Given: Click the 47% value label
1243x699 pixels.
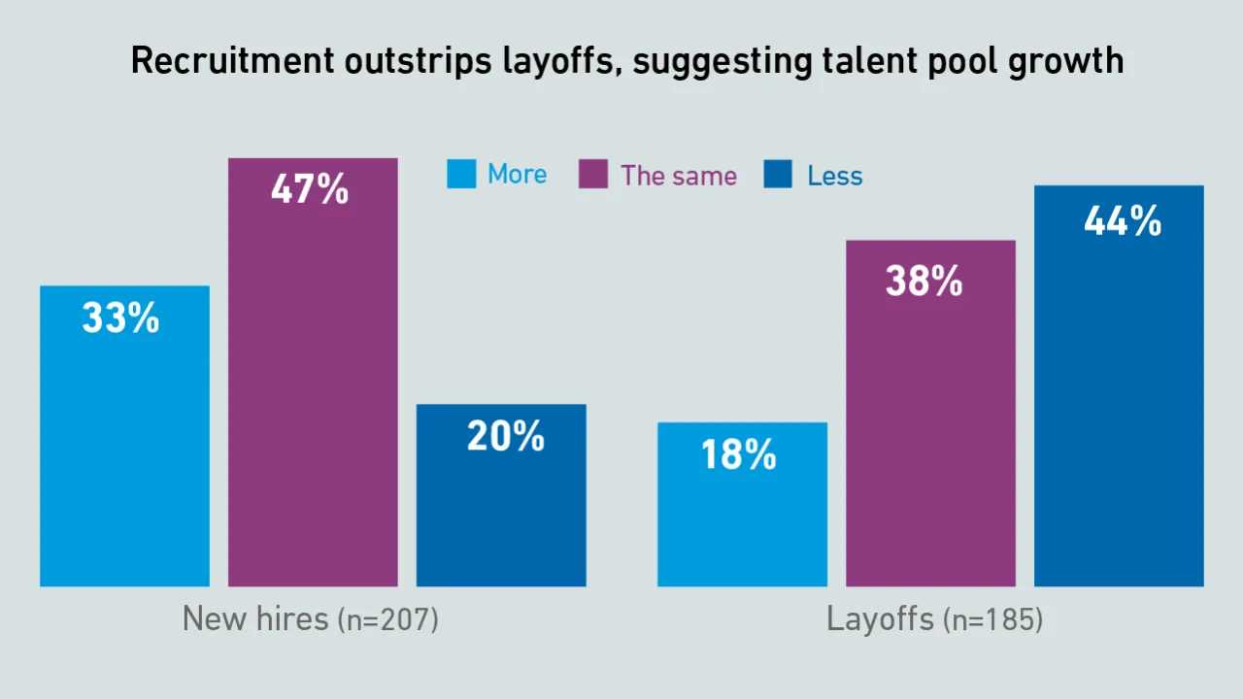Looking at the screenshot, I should click(310, 189).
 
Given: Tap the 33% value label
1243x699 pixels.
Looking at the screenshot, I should click(120, 317).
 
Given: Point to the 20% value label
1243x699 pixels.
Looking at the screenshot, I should click(505, 437).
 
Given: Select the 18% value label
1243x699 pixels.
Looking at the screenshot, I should click(739, 454).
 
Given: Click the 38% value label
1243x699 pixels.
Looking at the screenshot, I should click(924, 282).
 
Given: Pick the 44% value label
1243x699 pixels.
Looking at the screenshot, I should click(1123, 222).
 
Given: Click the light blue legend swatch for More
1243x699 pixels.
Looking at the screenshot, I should click(461, 175).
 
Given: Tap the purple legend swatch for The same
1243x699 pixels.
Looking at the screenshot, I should click(592, 175).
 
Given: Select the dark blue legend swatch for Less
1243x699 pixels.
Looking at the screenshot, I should click(778, 175).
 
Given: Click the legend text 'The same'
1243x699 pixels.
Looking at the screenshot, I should click(679, 176).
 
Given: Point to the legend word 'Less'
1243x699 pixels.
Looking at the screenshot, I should click(835, 176).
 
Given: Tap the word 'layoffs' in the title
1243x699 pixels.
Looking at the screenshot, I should click(556, 61).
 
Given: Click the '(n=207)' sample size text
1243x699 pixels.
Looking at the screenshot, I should click(387, 620).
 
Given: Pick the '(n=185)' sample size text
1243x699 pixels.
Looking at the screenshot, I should click(992, 620).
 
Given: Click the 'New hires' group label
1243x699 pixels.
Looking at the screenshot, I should click(255, 618).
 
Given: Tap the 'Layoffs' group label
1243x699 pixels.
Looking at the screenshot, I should click(881, 618).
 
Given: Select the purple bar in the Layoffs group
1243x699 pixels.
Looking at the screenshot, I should click(930, 437).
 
